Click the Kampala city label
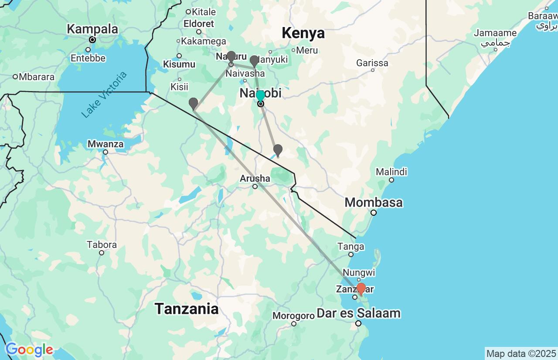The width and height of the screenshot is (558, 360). click(x=92, y=30)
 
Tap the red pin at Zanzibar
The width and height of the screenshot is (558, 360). click(x=361, y=289)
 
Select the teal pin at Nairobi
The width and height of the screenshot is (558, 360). click(x=260, y=96)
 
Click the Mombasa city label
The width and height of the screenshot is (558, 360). click(x=374, y=203)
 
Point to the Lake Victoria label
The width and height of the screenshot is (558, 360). click(x=104, y=94)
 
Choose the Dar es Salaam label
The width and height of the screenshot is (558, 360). click(x=358, y=313)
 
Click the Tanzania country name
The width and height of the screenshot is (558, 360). click(x=187, y=309)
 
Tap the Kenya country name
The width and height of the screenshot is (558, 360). click(x=303, y=33)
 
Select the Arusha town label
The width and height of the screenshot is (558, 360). click(x=255, y=178)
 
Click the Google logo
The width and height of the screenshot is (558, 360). click(x=29, y=350)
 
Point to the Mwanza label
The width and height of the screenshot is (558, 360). click(x=105, y=144)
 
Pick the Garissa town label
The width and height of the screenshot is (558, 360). click(x=372, y=63)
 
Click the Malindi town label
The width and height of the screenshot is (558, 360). click(x=391, y=171)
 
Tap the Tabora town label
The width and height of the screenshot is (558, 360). click(x=102, y=245)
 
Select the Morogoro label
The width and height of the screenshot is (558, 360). click(x=293, y=315)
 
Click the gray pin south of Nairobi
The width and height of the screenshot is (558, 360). click(x=278, y=150)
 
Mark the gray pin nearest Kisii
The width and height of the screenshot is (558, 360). click(x=193, y=104)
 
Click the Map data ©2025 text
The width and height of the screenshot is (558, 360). click(x=521, y=353)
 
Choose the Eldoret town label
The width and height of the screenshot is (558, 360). click(x=199, y=24)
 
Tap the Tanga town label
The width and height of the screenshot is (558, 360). click(x=351, y=247)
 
